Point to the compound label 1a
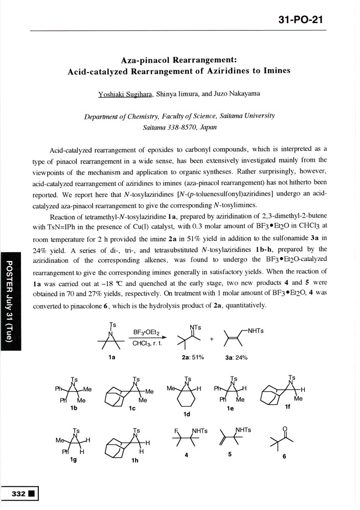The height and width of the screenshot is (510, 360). click(112, 357)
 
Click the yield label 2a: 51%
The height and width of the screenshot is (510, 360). click(193, 357)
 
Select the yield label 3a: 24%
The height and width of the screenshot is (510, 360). click(236, 357)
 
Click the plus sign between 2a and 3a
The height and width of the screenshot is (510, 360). click(211, 338)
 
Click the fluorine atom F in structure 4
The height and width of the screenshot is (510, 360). click(177, 431)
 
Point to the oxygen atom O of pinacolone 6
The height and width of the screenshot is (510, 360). click(284, 430)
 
